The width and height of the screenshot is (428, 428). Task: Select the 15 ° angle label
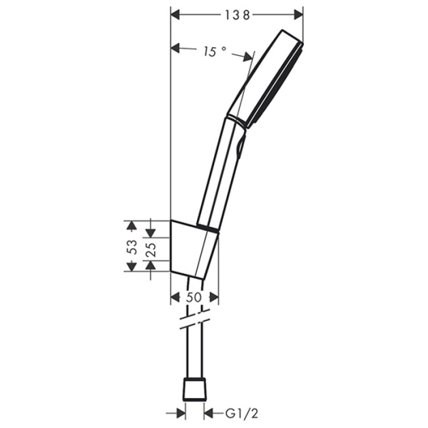click(213, 51)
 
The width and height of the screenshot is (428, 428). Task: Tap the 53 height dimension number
click(131, 247)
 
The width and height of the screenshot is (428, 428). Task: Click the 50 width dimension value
click(194, 298)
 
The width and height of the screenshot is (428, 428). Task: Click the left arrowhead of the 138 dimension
click(178, 14)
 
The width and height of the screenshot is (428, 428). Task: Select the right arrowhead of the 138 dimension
click(298, 14)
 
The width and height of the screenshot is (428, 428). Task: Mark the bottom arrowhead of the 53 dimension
click(131, 266)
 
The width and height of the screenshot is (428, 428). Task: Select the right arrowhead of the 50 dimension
click(213, 298)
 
